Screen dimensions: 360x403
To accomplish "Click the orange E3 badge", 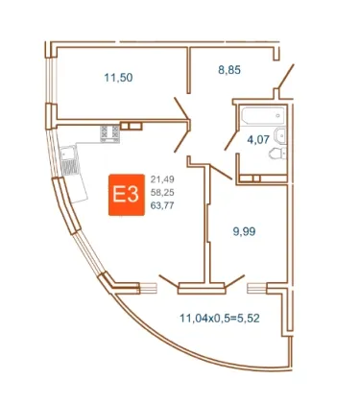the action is [x=127, y=195].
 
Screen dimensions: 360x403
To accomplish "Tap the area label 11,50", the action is [x=118, y=78].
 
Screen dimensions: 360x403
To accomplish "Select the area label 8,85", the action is [x=229, y=70].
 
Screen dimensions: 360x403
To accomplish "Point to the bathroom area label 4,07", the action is [x=258, y=139].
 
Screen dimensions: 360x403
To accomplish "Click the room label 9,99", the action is [x=244, y=231].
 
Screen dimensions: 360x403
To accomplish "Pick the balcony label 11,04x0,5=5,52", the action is [x=220, y=319].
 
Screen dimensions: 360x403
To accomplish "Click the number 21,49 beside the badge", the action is [x=162, y=179].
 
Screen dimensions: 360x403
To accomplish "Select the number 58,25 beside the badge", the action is [x=162, y=192].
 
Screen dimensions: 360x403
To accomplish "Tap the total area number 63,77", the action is [x=162, y=205].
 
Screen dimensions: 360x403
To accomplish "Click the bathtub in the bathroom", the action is [x=263, y=116].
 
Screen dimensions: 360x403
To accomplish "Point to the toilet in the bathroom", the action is [x=277, y=154].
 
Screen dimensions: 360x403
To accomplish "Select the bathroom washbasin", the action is [x=280, y=135].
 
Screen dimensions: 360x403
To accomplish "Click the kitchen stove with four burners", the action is [x=109, y=133].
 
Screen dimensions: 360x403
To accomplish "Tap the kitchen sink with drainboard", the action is [x=69, y=160].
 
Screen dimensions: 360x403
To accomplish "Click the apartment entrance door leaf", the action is [x=286, y=76].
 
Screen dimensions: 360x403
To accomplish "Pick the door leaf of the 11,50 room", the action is [x=182, y=108].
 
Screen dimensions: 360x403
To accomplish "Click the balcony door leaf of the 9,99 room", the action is [x=234, y=280].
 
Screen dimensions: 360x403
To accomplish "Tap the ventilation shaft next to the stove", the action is [x=132, y=126].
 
